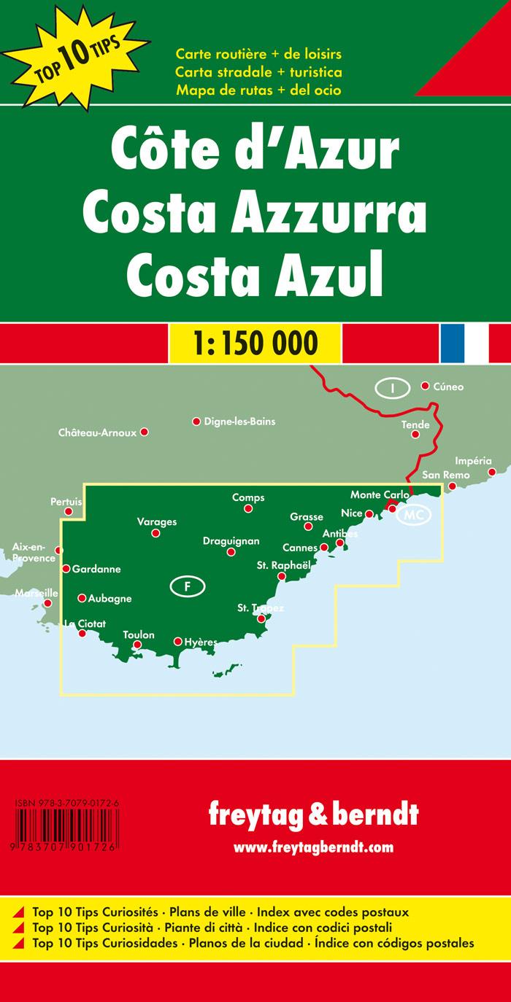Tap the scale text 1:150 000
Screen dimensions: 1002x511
pos(255,342)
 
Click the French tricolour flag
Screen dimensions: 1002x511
pos(464,342)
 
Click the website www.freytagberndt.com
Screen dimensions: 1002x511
pos(313,847)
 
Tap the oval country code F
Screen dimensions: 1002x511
pos(188,586)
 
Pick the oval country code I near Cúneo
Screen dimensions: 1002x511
pos(393,388)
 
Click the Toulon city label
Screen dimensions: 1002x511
pos(139,634)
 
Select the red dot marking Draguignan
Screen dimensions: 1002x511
pos(231,552)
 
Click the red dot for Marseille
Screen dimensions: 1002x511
pos(48,603)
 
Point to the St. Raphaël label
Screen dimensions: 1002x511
pos(284,564)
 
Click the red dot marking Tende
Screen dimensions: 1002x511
pos(415,435)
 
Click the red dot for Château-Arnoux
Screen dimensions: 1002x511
pos(145,432)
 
